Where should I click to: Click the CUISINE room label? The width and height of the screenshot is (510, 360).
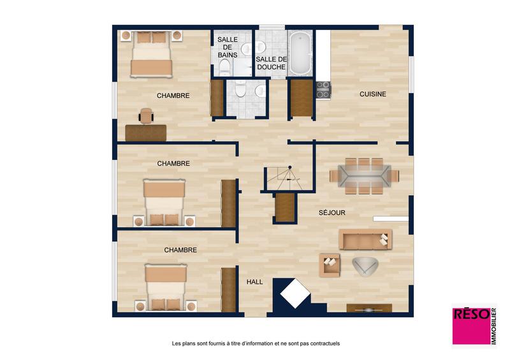[373, 94]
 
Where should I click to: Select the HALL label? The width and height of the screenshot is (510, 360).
[255, 281]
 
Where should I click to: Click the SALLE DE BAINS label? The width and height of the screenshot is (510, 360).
[228, 47]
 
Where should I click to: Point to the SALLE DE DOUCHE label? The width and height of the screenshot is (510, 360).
[271, 63]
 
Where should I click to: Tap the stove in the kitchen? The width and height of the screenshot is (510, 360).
[323, 90]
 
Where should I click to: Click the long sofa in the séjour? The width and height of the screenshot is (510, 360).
[365, 239]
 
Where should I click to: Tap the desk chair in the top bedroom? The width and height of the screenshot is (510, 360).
[147, 115]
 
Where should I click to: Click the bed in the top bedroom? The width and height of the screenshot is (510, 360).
[152, 54]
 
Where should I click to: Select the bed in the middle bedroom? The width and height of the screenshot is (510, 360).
[164, 203]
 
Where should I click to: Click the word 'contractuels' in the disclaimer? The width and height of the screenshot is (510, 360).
[323, 343]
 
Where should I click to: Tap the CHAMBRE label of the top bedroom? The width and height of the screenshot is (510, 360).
[173, 96]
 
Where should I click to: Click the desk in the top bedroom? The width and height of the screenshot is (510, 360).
[146, 132]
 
